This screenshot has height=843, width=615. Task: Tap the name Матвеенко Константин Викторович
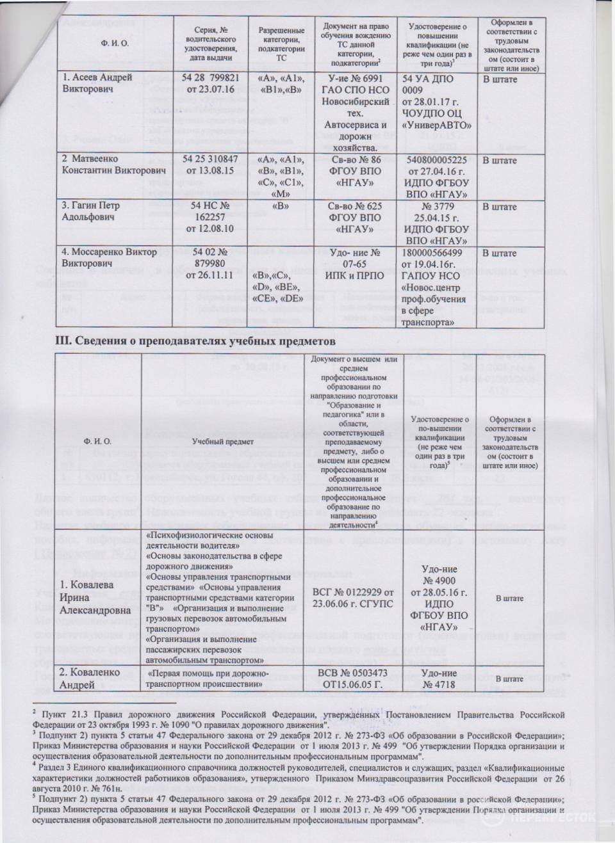pyautogui.click(x=113, y=165)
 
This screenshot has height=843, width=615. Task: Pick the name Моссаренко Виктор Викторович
pyautogui.click(x=110, y=257)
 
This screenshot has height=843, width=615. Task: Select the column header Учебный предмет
pyautogui.click(x=224, y=441)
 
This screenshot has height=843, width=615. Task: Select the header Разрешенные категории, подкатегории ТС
pyautogui.click(x=281, y=44)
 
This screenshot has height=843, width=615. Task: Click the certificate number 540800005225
pyautogui.click(x=438, y=159)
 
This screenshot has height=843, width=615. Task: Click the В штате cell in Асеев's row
pyautogui.click(x=499, y=79)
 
